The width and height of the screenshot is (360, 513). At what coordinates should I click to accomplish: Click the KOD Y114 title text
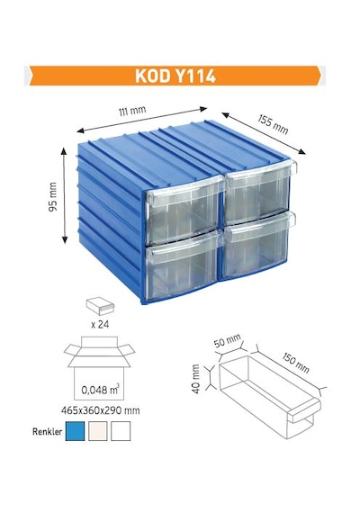175,76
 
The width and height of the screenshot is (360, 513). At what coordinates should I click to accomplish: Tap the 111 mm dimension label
132,111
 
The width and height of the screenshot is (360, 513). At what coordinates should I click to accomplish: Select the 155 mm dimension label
273,124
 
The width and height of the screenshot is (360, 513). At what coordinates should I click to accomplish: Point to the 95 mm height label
53,196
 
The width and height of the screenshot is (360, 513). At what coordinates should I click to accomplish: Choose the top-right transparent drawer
259,192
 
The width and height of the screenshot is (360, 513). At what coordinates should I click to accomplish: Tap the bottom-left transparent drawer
182,267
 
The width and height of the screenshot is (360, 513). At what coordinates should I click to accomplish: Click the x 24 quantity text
100,325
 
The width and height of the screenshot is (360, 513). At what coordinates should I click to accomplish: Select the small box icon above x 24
101,307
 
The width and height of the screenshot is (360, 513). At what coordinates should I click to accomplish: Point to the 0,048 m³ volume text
100,390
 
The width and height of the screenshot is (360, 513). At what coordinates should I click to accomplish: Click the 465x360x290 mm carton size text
101,410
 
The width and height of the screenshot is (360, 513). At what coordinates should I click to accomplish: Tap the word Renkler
47,431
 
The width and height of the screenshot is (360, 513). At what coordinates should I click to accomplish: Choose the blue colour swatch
75,431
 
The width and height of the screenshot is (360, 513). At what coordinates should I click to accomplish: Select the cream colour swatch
97,431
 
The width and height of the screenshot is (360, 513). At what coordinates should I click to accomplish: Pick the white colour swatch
121,431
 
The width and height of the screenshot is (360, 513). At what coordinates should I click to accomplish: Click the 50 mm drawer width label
228,340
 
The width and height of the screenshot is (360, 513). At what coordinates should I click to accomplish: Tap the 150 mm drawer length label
295,363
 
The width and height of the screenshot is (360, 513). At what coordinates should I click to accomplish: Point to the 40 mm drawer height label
195,379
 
